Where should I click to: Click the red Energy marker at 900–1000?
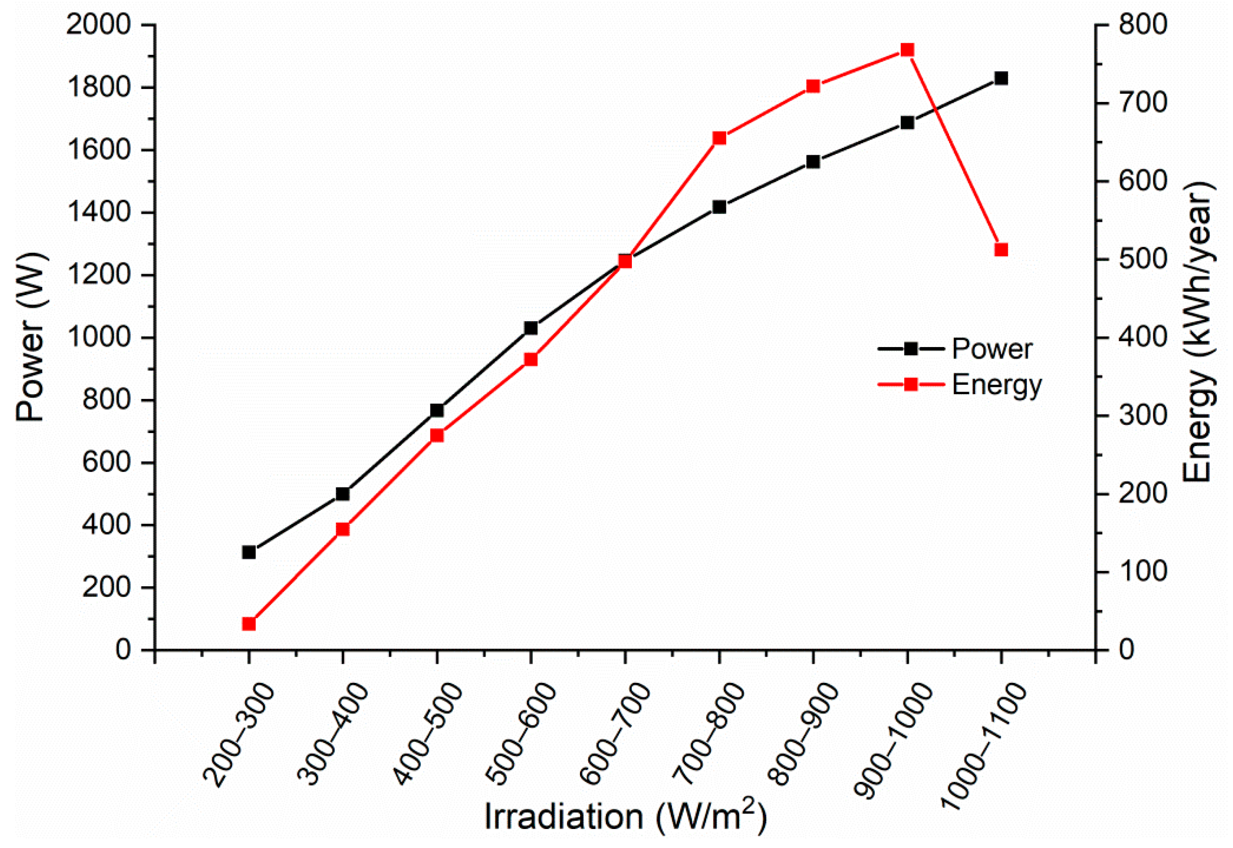click(907, 51)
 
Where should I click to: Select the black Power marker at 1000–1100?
click(1001, 79)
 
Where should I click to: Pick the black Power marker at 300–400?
click(343, 494)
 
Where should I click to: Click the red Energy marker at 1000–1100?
click(1001, 250)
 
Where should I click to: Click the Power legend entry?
click(991, 349)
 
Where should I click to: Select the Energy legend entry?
click(997, 385)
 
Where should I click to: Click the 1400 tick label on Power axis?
click(98, 213)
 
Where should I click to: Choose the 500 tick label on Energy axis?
click(1142, 259)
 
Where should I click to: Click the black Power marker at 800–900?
click(813, 162)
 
